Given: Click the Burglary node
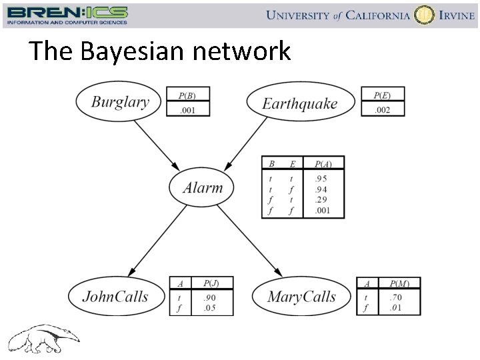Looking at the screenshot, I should [120, 102].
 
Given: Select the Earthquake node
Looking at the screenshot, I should [299, 103].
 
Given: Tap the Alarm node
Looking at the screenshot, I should [203, 187].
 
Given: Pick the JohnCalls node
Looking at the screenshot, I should [115, 296].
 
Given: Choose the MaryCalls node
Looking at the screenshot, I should [301, 297].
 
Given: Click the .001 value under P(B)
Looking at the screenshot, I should [187, 110].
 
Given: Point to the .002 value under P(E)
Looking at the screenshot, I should [382, 110].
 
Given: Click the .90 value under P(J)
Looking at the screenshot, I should [210, 297].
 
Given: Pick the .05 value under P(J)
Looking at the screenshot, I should [210, 307].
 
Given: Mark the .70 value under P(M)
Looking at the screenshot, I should [397, 297].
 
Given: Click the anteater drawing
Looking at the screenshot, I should [43, 337].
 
